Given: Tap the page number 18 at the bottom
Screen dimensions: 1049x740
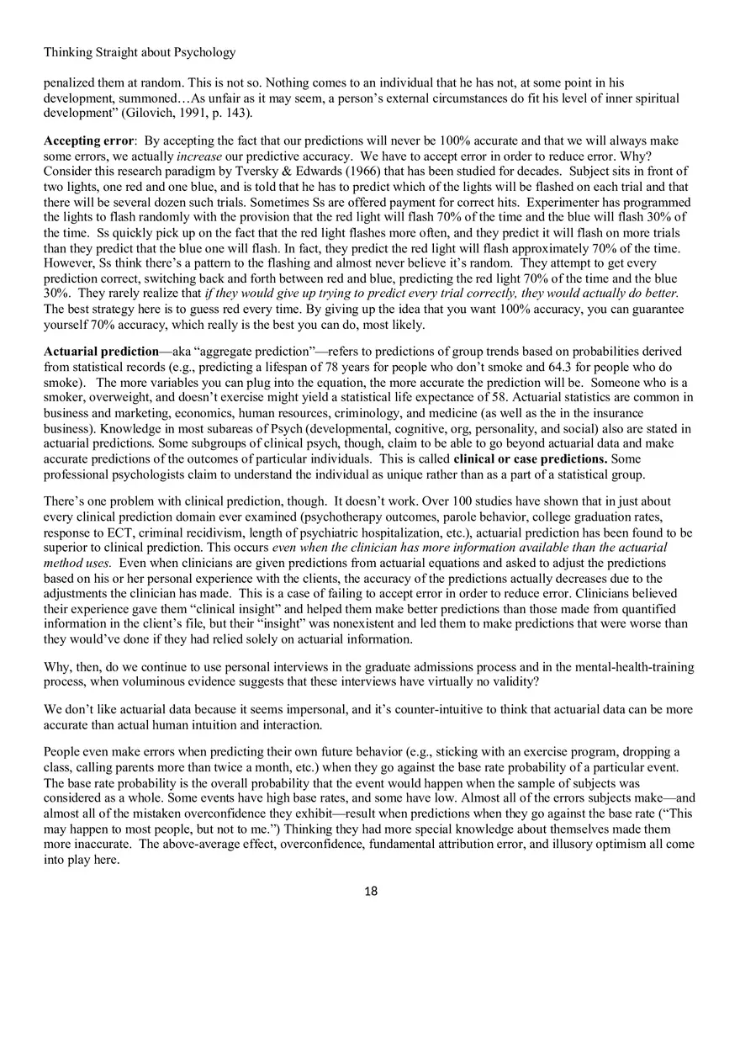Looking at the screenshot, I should [370, 891].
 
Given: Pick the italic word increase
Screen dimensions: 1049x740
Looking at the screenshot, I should [198, 155].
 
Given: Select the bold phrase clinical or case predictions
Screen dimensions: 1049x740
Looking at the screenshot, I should [531, 459].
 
